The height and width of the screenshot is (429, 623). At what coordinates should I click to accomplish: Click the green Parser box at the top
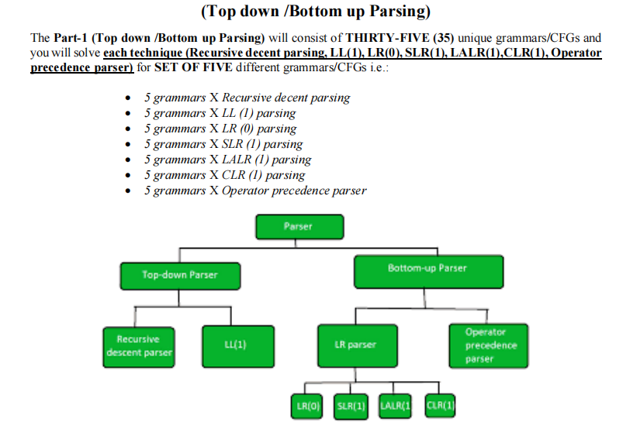click(298, 227)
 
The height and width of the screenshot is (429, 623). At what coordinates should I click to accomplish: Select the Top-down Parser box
click(180, 275)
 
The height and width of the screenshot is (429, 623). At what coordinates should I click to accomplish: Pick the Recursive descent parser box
click(138, 346)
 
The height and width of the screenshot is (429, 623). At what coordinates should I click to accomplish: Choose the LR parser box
click(356, 345)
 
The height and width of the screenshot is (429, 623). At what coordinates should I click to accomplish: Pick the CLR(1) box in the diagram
click(440, 405)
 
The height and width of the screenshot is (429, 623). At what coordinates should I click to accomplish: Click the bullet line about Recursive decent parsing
click(247, 98)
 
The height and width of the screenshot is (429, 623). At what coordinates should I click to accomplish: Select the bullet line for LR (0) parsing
click(220, 129)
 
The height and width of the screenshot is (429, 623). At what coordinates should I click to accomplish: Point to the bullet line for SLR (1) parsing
click(223, 145)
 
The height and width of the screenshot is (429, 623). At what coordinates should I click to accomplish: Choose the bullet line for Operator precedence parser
click(254, 191)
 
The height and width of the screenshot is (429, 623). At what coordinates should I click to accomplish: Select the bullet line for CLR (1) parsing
click(224, 176)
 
